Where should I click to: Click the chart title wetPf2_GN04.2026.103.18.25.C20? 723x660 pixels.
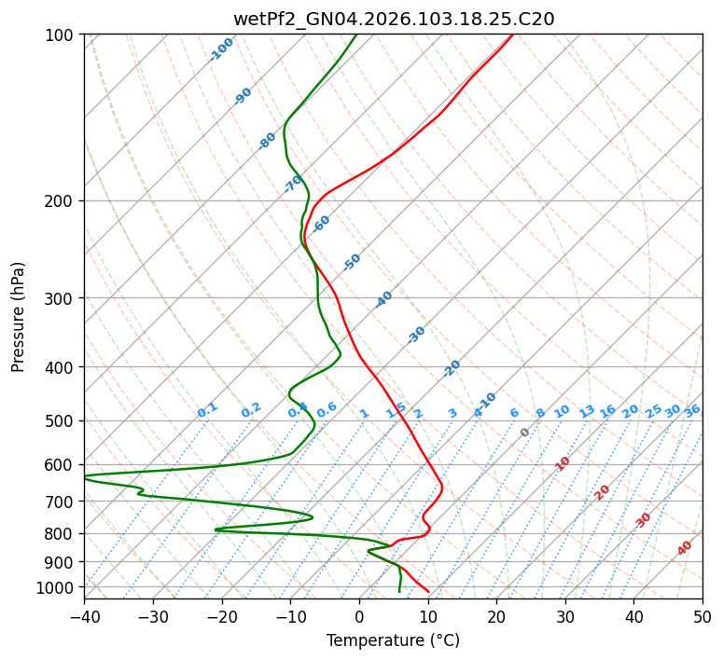coord(393,19)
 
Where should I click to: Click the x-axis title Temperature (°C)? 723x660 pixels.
coord(393,640)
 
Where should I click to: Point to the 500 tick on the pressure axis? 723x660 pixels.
coord(62,420)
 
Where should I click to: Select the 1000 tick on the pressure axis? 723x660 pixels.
coord(58,587)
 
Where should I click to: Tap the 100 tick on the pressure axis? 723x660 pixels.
coord(62,34)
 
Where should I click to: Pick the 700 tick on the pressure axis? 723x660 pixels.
coord(62,502)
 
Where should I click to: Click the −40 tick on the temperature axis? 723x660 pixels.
coord(84,616)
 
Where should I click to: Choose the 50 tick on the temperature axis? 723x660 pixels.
coord(702,616)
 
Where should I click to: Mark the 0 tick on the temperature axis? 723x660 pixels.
coord(359,616)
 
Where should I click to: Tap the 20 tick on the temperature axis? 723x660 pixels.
coord(496,616)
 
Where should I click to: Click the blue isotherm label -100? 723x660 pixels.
coord(222,49)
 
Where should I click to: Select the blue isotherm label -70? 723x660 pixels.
coord(294,184)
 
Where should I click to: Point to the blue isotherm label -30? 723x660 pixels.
coord(416,335)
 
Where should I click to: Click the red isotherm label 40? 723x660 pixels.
coord(685,548)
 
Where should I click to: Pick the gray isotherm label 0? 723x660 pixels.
coord(525,433)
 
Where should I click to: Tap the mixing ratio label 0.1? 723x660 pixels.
coord(208,409)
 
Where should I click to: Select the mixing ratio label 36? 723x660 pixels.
coord(692,410)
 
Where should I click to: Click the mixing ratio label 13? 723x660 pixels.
coord(587,411)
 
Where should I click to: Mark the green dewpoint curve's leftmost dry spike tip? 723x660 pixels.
coord(85,477)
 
